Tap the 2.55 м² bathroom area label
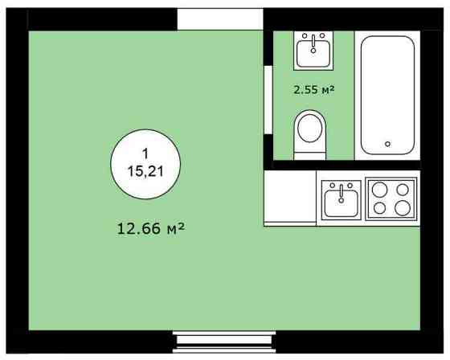point(313,89)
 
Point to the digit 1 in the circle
point(145,153)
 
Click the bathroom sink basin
point(313,54)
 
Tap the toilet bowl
point(312,129)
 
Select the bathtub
point(387,95)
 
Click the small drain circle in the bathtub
point(388,144)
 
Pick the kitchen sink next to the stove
point(341,201)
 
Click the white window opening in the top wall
point(220,19)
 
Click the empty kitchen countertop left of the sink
point(291,200)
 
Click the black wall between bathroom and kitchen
point(346,166)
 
